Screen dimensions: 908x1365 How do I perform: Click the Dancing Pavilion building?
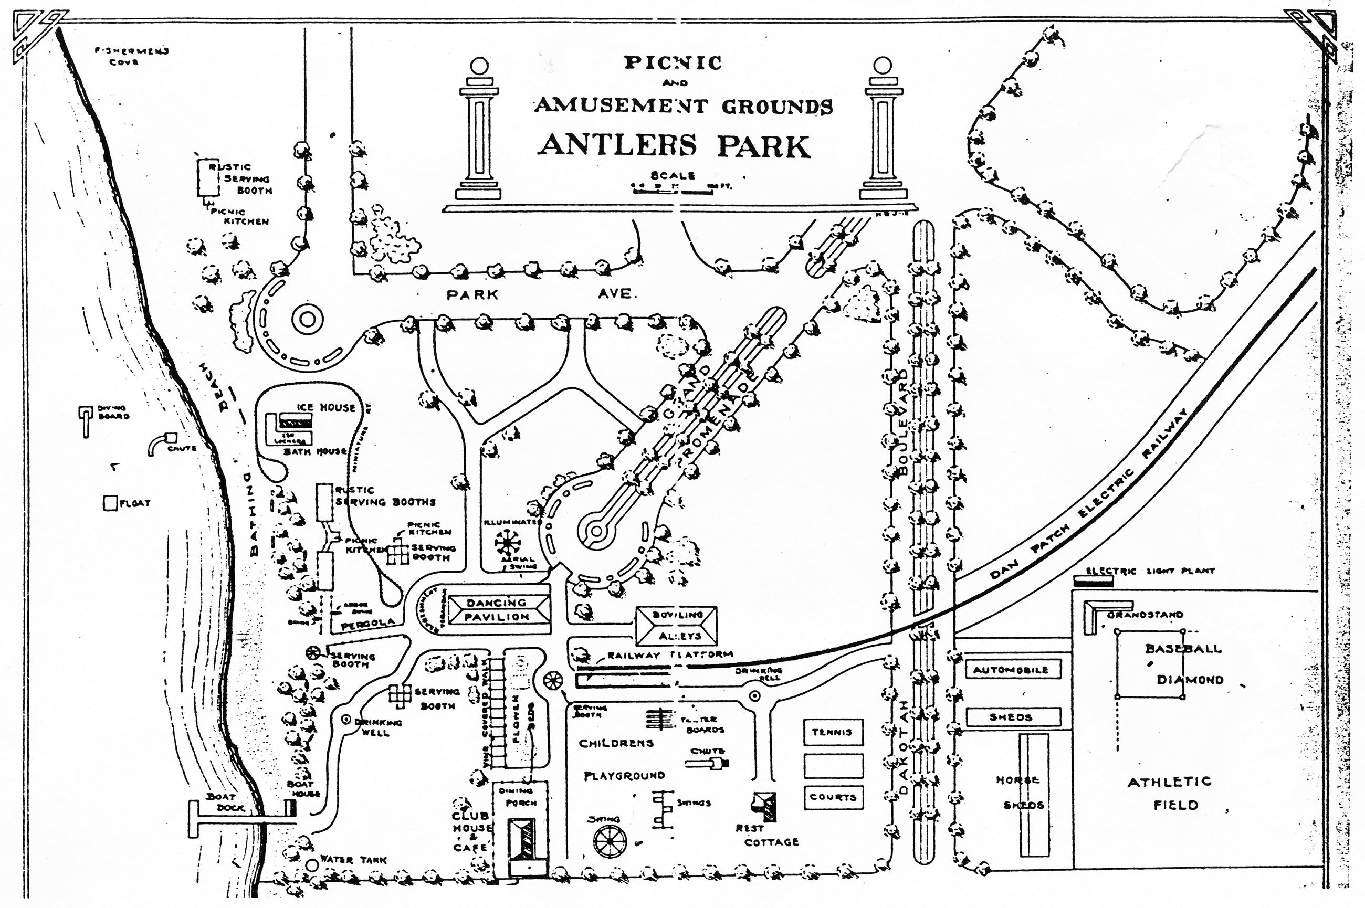click(498, 610)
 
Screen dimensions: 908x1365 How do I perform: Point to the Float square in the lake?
click(110, 503)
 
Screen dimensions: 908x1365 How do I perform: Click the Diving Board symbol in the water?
click(86, 421)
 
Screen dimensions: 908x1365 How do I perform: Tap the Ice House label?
click(326, 408)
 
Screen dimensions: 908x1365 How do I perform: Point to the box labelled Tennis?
click(833, 732)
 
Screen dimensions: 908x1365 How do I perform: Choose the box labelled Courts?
click(833, 797)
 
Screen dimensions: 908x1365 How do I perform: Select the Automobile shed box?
click(1011, 669)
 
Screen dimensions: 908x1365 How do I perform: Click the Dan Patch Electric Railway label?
click(1089, 492)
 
